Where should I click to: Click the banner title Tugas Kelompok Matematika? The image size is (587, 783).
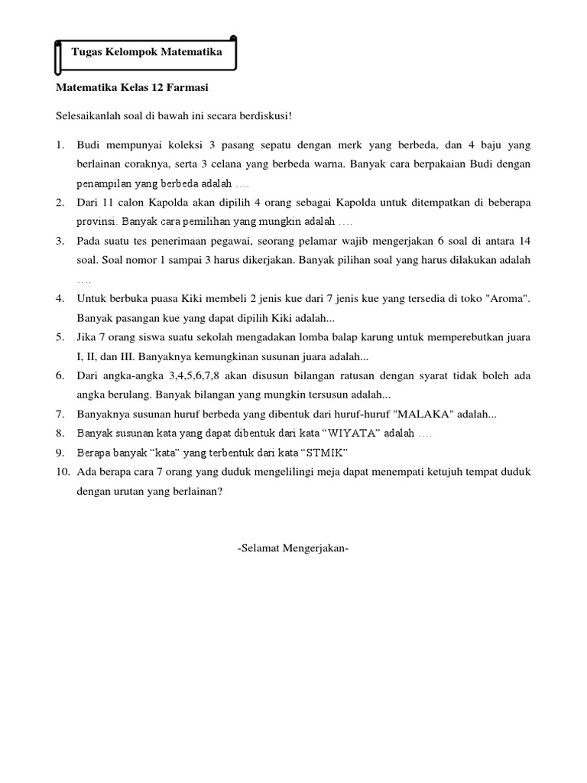point(146,53)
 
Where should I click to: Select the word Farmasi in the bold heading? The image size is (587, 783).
point(186,88)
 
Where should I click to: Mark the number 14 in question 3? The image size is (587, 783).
point(524,241)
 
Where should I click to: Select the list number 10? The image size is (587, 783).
point(62,472)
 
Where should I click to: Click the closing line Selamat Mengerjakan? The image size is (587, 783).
point(293,547)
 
